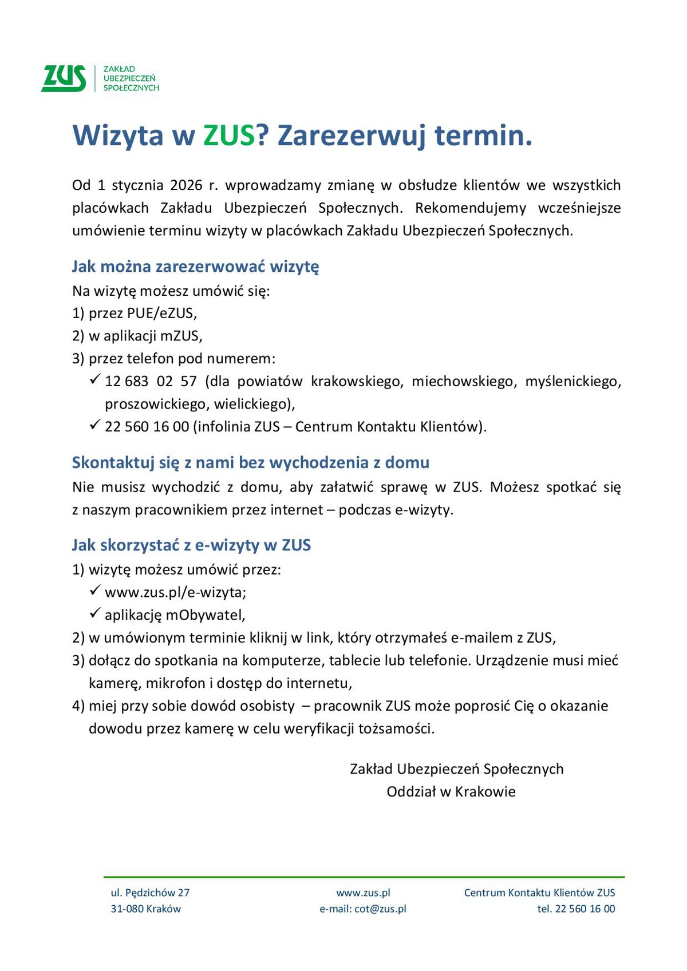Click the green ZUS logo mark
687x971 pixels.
tap(64, 78)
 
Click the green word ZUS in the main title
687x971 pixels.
tap(229, 136)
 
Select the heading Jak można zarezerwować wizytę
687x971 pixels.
tap(195, 267)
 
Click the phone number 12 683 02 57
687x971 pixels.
tap(151, 382)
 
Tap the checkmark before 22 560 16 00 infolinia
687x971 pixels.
tap(95, 425)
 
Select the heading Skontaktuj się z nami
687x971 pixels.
tap(250, 462)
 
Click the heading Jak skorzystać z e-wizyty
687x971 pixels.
tap(191, 545)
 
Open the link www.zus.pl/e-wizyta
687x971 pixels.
tap(175, 592)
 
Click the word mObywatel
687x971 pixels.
tap(205, 615)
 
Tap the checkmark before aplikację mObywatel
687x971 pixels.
tap(95, 613)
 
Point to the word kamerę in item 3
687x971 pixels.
tap(114, 683)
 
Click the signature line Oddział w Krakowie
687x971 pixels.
tap(451, 792)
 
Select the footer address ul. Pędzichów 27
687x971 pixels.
tap(150, 893)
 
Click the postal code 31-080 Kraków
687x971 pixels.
tap(145, 909)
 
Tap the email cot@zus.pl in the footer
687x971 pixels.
tap(380, 909)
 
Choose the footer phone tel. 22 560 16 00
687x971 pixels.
tap(575, 909)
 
